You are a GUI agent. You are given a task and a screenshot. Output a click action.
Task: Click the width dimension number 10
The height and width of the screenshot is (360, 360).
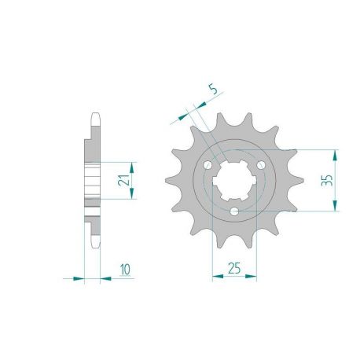(x=126, y=269)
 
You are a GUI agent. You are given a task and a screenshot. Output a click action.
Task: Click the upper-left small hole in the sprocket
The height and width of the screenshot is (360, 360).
(x=207, y=165)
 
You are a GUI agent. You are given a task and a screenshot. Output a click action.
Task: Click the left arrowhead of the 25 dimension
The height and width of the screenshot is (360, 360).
(x=215, y=277)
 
